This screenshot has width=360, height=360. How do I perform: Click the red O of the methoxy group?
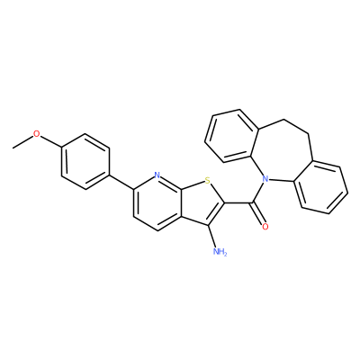(x=36, y=134)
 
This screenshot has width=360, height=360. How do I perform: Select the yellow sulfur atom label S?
(x=207, y=181)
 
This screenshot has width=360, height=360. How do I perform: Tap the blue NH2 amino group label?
(x=220, y=251)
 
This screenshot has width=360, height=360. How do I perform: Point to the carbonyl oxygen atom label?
(x=265, y=227)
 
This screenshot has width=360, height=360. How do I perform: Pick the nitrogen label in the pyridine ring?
(x=157, y=175)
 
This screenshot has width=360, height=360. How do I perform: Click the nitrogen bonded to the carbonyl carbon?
(x=265, y=180)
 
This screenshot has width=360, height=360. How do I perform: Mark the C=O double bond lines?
(x=257, y=213)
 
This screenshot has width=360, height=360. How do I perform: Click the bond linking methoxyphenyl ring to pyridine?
(x=121, y=181)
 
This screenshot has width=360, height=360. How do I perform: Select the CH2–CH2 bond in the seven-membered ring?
(x=296, y=126)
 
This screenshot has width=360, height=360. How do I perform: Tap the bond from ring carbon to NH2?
(x=211, y=236)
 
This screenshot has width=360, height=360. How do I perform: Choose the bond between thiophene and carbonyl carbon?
(x=238, y=202)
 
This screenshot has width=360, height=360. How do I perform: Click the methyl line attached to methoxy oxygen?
(x=22, y=142)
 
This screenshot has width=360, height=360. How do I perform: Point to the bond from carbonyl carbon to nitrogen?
(x=257, y=193)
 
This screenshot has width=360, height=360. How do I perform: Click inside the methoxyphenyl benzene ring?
(x=85, y=162)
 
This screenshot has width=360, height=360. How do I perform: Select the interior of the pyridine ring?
(x=157, y=202)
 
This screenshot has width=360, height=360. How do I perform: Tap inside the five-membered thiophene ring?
(x=203, y=204)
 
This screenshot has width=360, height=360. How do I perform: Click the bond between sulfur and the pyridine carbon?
(x=193, y=184)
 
